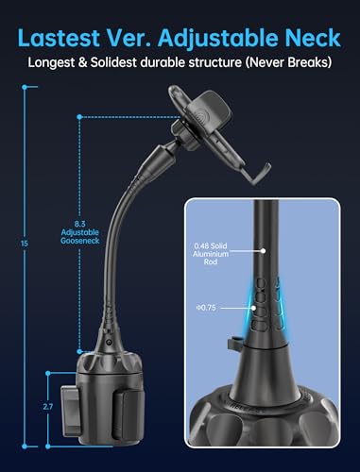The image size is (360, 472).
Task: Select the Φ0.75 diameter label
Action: pos(207,307)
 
